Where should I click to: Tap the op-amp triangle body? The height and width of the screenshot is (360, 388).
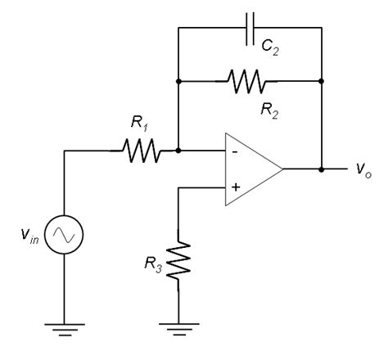point(250,170)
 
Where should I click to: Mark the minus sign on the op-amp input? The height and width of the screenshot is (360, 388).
point(234,151)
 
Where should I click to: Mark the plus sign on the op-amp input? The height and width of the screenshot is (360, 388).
point(234,188)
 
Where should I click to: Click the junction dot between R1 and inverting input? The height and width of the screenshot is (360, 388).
point(178,151)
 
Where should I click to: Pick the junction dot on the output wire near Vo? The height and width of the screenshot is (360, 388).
point(321,170)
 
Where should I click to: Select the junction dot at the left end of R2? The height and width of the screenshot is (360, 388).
point(178,80)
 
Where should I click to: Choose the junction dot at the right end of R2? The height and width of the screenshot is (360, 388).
point(321,80)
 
